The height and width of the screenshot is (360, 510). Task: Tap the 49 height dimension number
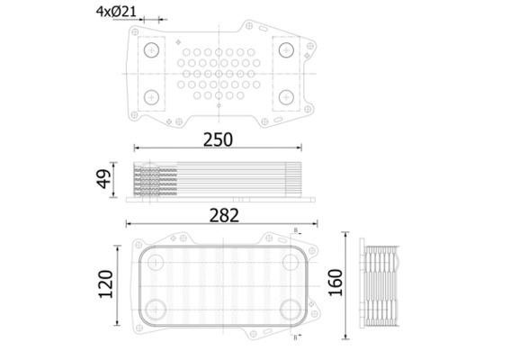coord(104,180)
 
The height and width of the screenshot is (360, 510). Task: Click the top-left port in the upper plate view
coord(151,50)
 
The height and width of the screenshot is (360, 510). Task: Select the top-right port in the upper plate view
coord(286,50)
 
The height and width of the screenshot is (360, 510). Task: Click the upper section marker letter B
coord(294,230)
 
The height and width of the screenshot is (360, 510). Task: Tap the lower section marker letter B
coord(294,337)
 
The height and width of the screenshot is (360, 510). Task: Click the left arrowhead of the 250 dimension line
coord(137,148)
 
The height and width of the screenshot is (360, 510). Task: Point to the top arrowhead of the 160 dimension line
coord(346,237)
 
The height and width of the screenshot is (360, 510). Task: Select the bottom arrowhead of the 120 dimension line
coord(118,323)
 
